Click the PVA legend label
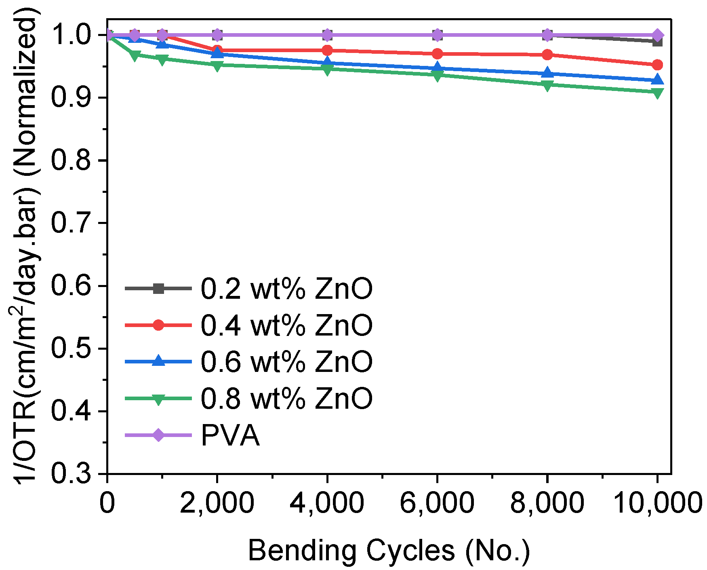click(x=230, y=435)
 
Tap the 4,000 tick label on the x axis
click(x=327, y=503)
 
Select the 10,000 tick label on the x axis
click(x=658, y=503)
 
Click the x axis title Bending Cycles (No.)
click(x=389, y=551)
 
